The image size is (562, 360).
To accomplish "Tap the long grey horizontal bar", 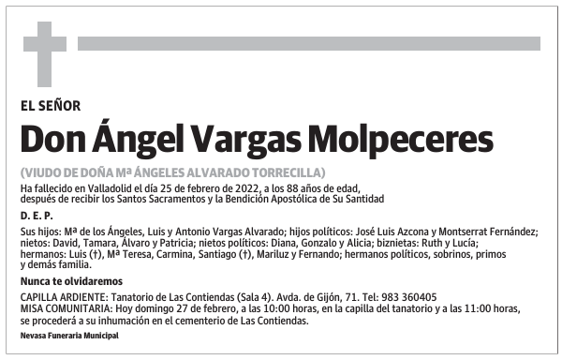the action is tap(308, 43).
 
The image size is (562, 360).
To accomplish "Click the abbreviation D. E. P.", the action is tap(36, 216).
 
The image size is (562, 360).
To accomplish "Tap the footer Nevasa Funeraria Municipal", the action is tap(69, 335).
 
